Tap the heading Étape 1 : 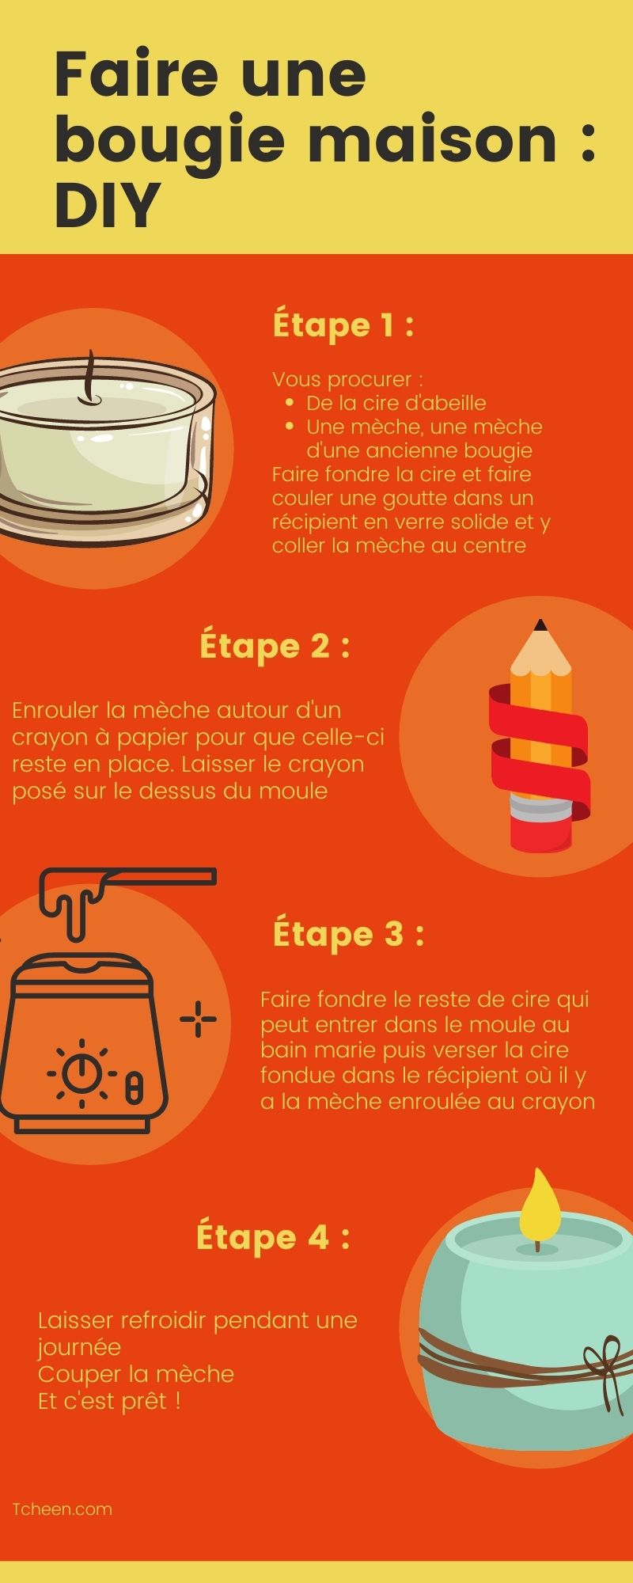tap(343, 325)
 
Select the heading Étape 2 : tap(274, 646)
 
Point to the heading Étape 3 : tap(348, 933)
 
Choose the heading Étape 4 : tap(273, 1236)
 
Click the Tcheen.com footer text tap(63, 1509)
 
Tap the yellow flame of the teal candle tap(540, 1206)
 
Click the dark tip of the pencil tap(540, 626)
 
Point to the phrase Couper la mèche tap(136, 1373)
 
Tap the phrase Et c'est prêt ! tap(109, 1400)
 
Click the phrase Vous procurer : tap(347, 379)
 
